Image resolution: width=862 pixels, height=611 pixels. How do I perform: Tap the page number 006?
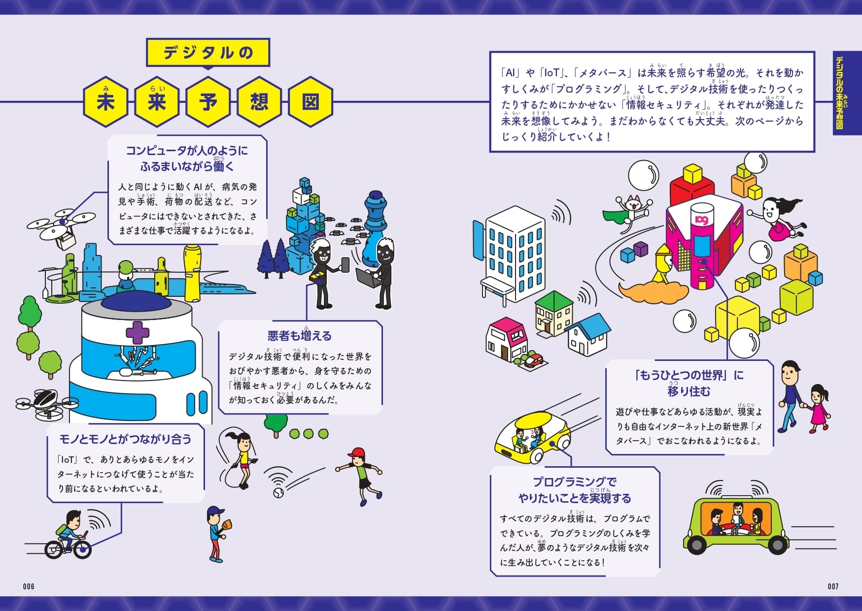click(x=29, y=586)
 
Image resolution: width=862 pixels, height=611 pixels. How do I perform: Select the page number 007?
click(x=833, y=586)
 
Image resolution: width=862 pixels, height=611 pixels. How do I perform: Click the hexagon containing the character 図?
click(x=310, y=102)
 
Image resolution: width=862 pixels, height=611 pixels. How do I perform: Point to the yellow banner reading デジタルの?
click(x=208, y=52)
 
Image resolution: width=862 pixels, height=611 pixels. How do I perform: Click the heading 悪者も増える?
click(x=299, y=336)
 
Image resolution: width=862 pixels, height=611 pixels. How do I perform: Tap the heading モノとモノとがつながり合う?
click(x=125, y=439)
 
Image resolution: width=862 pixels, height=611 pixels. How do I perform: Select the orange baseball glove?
click(x=227, y=524)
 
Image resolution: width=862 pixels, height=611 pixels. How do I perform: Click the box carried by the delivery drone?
click(x=66, y=241)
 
